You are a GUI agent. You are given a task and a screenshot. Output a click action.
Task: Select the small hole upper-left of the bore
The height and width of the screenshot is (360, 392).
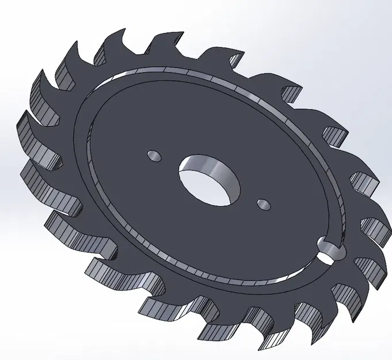[x=154, y=156]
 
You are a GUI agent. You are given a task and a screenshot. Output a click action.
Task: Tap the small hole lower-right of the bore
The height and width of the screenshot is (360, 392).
[x=263, y=204]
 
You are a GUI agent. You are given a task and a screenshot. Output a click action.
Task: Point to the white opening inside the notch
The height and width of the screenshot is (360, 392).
[x=330, y=252]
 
